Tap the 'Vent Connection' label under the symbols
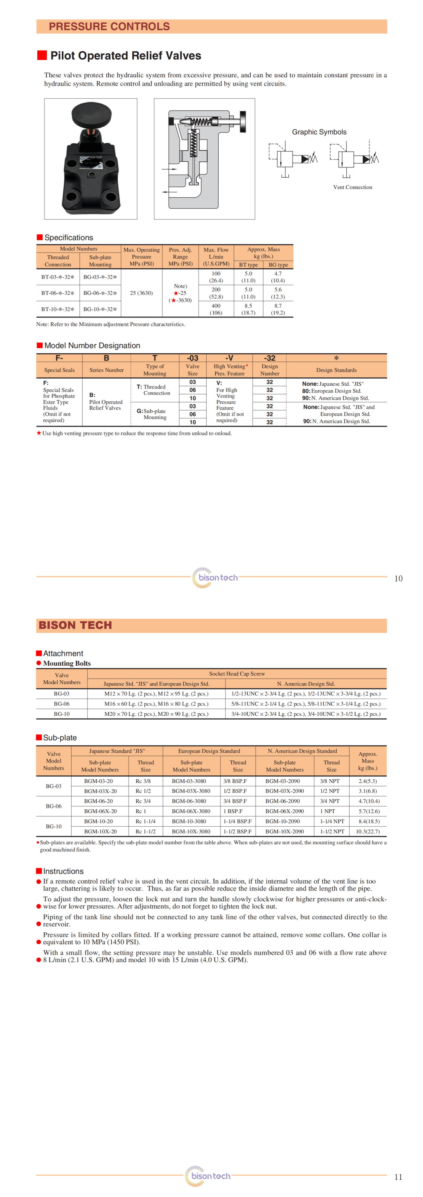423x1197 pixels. pyautogui.click(x=352, y=187)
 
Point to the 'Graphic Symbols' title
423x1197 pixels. pyautogui.click(x=319, y=132)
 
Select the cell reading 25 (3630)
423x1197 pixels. pyautogui.click(x=141, y=293)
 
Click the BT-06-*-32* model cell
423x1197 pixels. pyautogui.click(x=58, y=293)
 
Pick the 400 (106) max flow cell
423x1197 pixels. pyautogui.click(x=216, y=309)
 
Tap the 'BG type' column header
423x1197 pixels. pyautogui.click(x=278, y=265)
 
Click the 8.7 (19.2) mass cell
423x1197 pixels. pyautogui.click(x=278, y=309)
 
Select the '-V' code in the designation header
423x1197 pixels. pyautogui.click(x=229, y=358)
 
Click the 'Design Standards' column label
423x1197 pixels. pyautogui.click(x=336, y=370)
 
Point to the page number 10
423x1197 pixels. pyautogui.click(x=398, y=579)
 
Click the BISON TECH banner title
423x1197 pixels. pyautogui.click(x=75, y=625)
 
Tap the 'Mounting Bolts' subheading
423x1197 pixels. pyautogui.click(x=67, y=663)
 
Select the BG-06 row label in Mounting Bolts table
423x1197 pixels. pyautogui.click(x=61, y=703)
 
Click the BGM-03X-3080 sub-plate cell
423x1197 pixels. pyautogui.click(x=191, y=791)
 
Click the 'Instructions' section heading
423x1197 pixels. pyautogui.click(x=63, y=871)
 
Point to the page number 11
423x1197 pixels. pyautogui.click(x=398, y=1177)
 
